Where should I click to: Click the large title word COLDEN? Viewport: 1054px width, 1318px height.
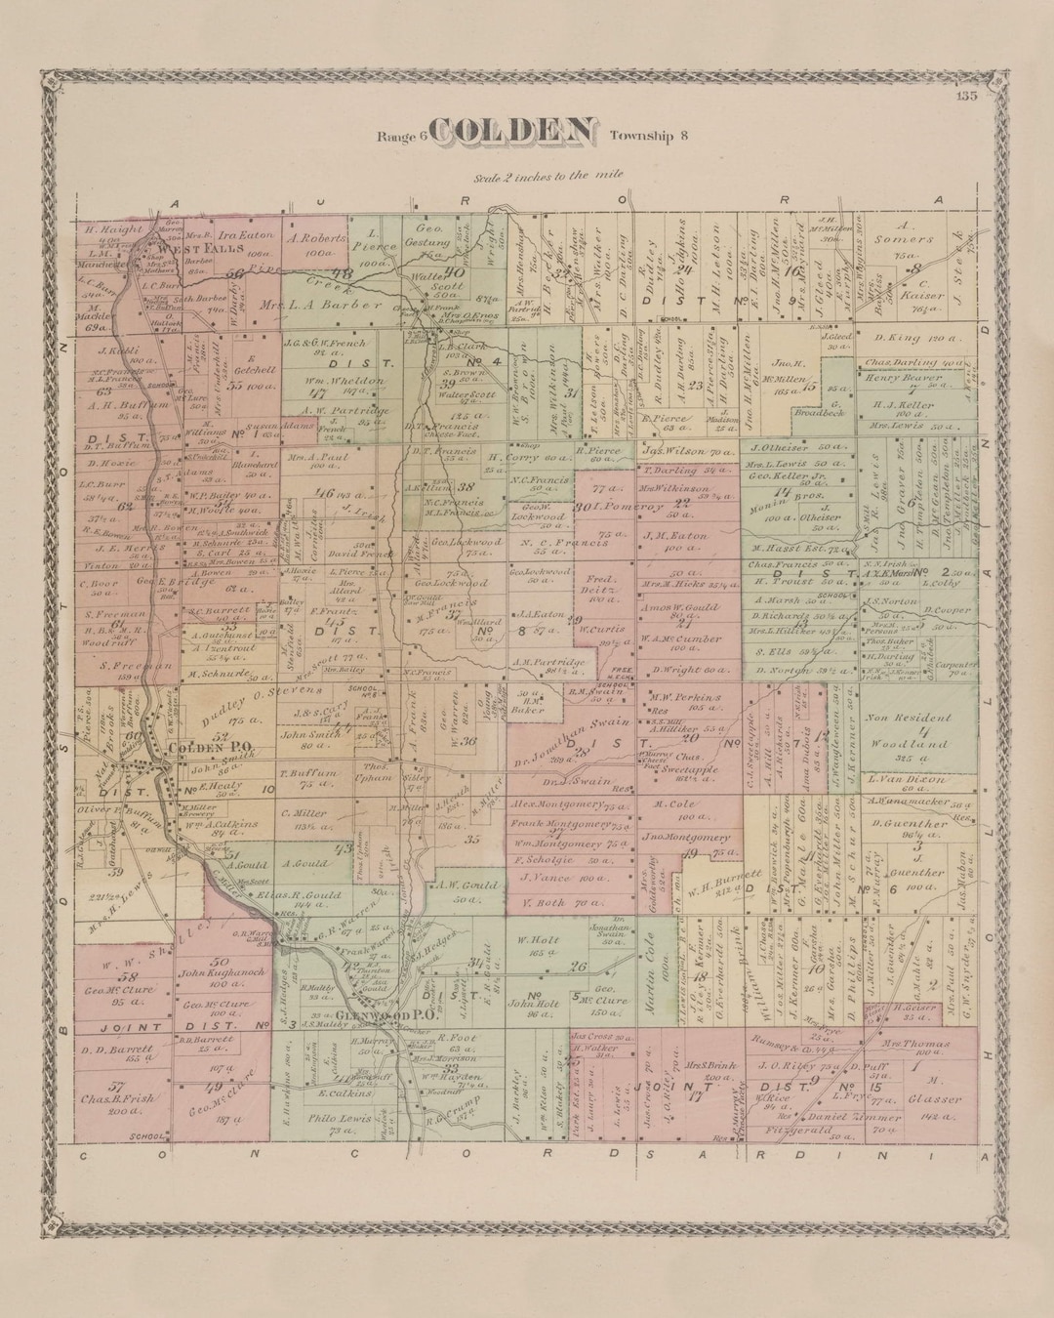[x=511, y=134]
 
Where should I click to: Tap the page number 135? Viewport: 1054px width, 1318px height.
[x=967, y=95]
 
